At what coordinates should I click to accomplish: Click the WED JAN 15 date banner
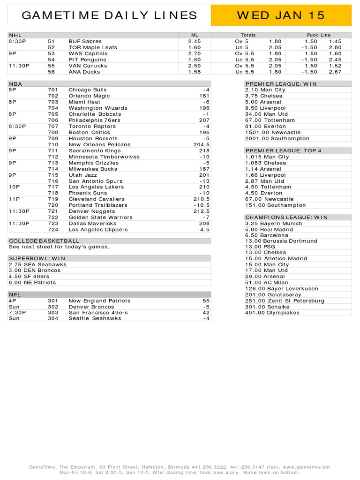click(x=281, y=15)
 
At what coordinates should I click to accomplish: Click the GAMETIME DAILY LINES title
click(x=110, y=15)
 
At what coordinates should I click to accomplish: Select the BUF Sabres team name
click(x=85, y=41)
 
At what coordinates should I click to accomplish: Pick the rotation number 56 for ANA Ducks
click(x=51, y=72)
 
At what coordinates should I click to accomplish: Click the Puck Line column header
click(x=318, y=35)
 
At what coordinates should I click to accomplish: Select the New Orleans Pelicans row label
click(x=99, y=144)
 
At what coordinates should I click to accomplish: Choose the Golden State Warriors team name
click(x=100, y=217)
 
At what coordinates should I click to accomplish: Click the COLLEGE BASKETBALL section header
click(x=44, y=241)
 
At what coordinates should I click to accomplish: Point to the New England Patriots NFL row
click(x=99, y=300)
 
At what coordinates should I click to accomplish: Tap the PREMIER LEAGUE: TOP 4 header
click(x=283, y=150)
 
